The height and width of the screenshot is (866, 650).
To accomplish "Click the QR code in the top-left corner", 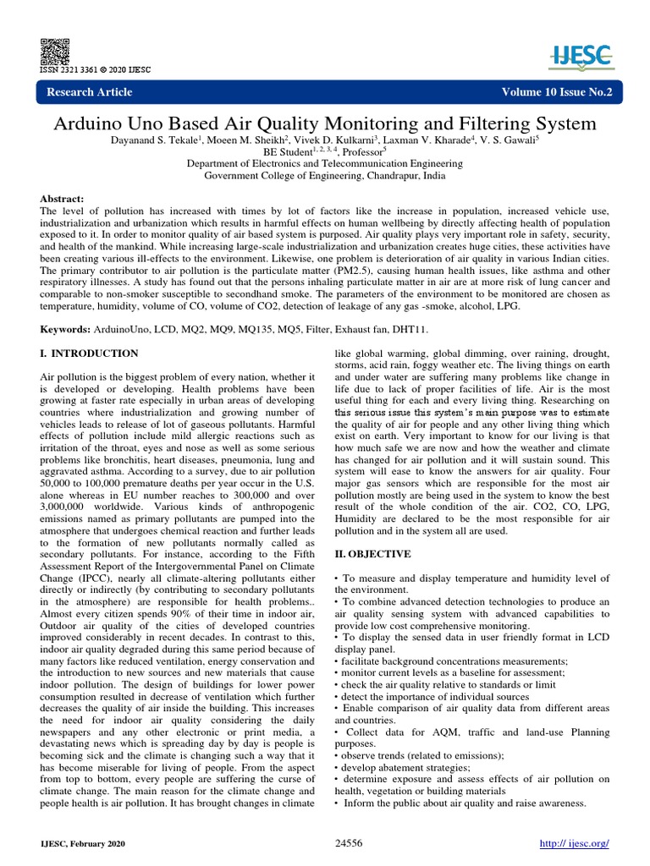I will pos(51,51).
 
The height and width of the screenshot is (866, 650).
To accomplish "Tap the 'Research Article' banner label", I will pos(90,91).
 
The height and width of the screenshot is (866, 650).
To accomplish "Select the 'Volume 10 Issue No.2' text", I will pos(556,91).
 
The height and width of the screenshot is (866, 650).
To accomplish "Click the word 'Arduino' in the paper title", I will pos(95,123).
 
